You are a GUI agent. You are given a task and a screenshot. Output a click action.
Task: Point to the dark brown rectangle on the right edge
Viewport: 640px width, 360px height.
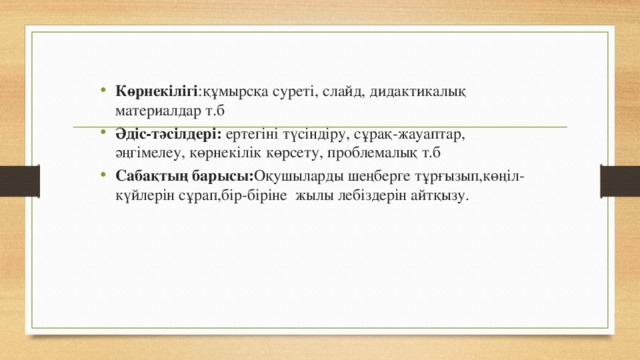click(620, 185)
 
